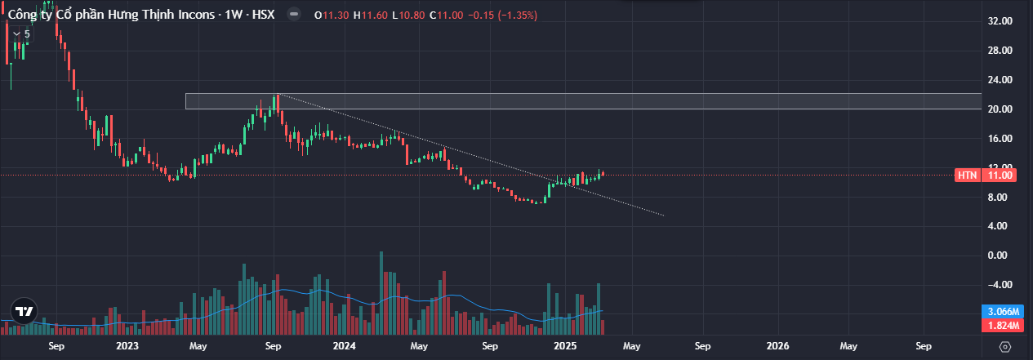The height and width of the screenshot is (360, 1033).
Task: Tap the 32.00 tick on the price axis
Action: point(1000,21)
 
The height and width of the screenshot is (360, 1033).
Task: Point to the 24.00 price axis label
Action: point(1000,80)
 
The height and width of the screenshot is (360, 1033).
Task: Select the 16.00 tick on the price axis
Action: point(1000,139)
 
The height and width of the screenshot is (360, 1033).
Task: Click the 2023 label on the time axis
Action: point(127,346)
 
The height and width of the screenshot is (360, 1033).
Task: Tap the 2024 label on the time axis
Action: point(344,346)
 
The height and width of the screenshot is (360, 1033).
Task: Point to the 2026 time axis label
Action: point(777,346)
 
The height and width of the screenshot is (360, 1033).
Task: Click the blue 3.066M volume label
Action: point(998,312)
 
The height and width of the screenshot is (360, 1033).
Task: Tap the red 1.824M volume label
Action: point(998,326)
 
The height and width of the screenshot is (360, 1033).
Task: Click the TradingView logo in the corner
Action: point(24,311)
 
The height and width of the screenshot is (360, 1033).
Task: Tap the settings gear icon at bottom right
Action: point(1005,346)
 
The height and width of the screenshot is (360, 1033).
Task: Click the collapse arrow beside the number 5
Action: point(16,34)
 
